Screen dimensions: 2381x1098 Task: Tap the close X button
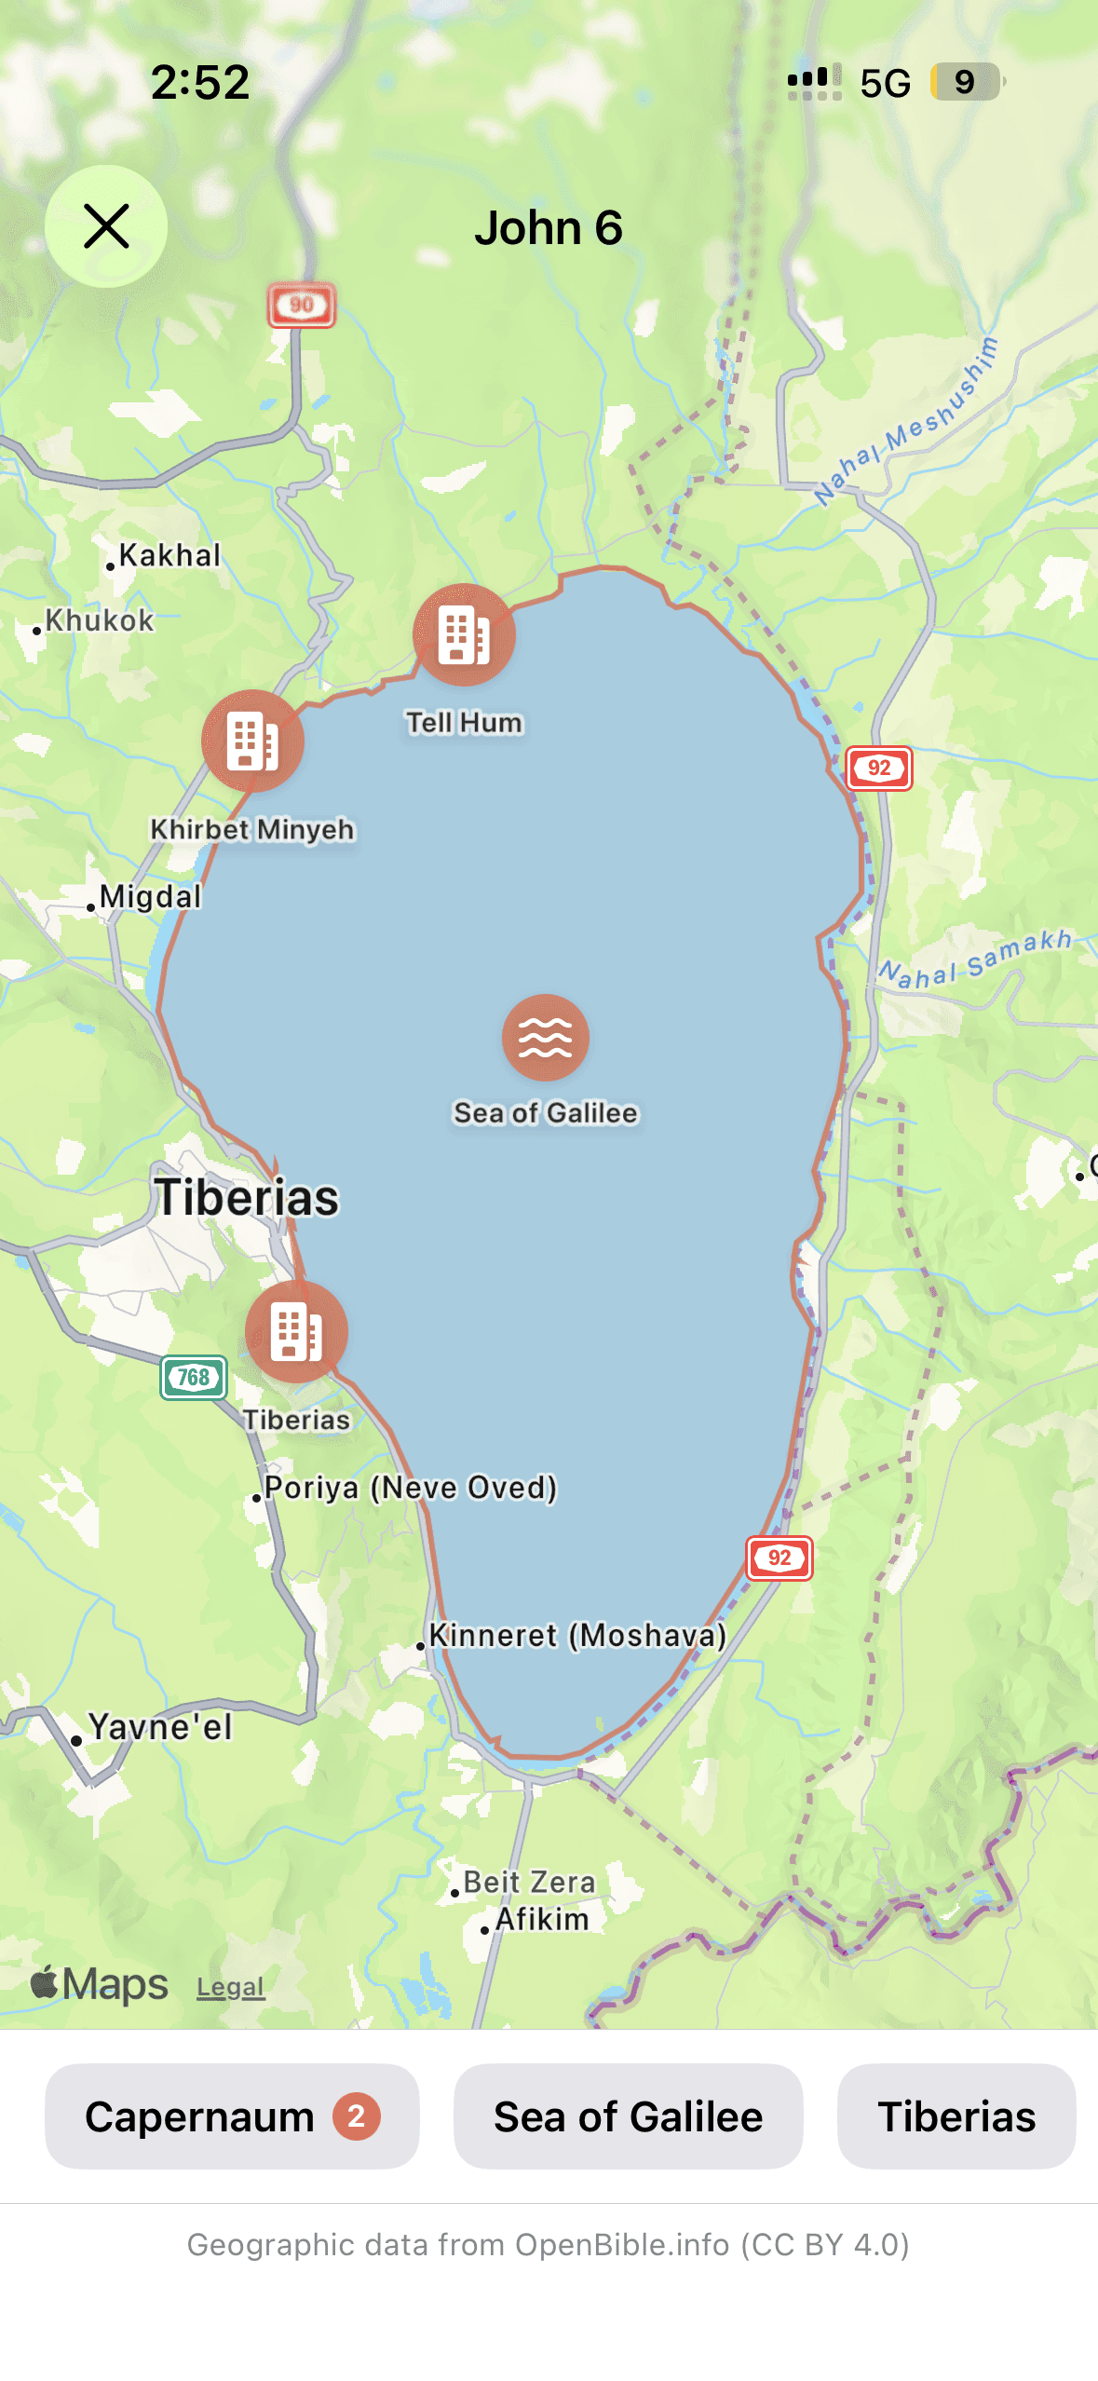click(106, 226)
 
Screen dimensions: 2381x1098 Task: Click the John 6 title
click(549, 228)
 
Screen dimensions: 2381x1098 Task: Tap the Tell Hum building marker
click(464, 635)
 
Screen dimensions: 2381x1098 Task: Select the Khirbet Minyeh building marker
click(252, 742)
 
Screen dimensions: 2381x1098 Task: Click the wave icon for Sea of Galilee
click(546, 1038)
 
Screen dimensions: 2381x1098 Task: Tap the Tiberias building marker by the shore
click(296, 1331)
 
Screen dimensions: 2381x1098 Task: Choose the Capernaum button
click(232, 2116)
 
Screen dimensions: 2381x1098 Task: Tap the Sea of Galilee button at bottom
click(628, 2116)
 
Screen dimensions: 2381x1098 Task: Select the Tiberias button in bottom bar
click(956, 2116)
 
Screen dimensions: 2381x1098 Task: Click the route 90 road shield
click(302, 305)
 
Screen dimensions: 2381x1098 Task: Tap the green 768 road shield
click(194, 1377)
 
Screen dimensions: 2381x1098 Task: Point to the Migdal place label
click(149, 897)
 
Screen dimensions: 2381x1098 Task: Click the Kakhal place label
click(169, 555)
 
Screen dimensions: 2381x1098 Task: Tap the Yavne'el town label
click(159, 1727)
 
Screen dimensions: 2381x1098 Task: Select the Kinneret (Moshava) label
click(576, 1636)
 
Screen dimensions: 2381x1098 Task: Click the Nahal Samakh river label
click(974, 959)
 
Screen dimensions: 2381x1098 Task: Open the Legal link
click(230, 1987)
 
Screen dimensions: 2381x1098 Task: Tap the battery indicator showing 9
click(966, 82)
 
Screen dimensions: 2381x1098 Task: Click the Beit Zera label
click(528, 1882)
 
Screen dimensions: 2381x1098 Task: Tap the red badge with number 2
click(357, 2116)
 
